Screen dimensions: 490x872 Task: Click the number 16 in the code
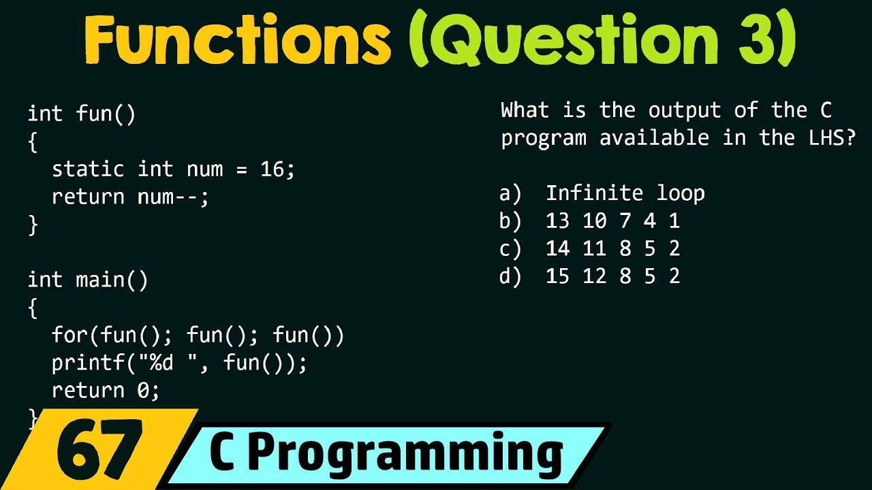tap(272, 169)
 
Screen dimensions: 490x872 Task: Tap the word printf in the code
tap(82, 363)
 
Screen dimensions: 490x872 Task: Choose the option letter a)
tap(510, 193)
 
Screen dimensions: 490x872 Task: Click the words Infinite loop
tap(625, 193)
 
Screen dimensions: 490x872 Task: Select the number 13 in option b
tap(557, 221)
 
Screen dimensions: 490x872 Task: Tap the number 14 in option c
tap(557, 249)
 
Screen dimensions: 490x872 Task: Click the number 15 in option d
tap(557, 276)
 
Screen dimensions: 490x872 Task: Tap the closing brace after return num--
tap(33, 225)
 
